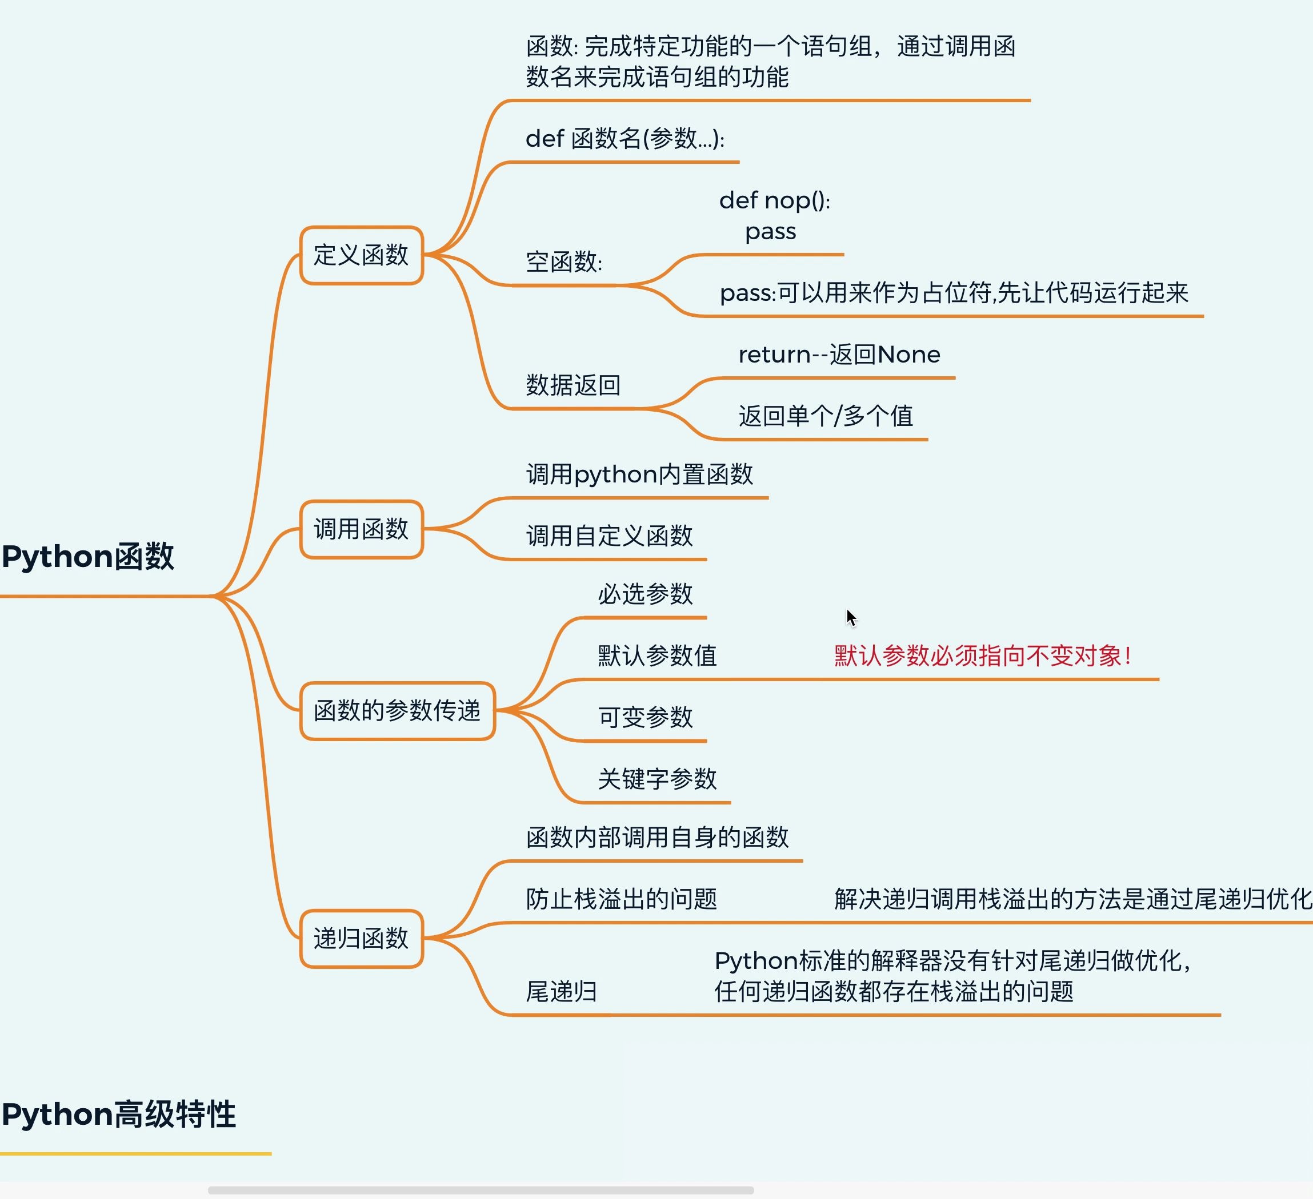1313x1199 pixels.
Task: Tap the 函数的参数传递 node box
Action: point(397,711)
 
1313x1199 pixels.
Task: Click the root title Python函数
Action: point(88,557)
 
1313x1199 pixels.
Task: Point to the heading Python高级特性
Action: point(118,1114)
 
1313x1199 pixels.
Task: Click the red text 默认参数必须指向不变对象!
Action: point(983,655)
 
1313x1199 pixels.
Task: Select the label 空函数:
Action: point(564,262)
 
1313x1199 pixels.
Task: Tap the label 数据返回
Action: point(573,385)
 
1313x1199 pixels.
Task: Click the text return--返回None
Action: point(839,355)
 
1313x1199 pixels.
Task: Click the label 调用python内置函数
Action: point(639,474)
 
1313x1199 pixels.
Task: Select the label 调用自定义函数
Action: point(610,536)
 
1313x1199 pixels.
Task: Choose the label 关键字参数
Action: point(657,779)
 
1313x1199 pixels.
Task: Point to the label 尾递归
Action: point(562,992)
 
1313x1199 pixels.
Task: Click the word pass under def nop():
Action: point(770,232)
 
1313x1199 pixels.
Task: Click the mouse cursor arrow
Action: point(851,617)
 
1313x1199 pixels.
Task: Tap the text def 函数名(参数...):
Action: point(625,139)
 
